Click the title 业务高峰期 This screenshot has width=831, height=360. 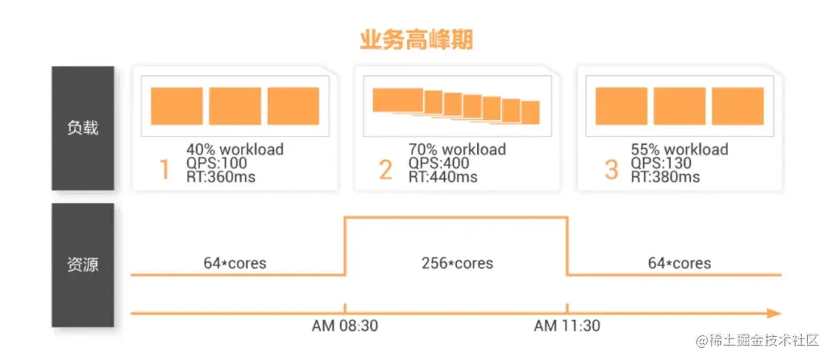click(415, 39)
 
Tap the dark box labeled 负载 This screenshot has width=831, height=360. click(83, 128)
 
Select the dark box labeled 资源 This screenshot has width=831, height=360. click(83, 265)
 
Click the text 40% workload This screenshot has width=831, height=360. click(235, 149)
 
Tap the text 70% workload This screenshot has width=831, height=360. click(457, 149)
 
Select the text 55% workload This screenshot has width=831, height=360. click(679, 149)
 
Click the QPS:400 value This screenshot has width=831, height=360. click(439, 163)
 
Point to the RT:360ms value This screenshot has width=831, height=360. click(221, 177)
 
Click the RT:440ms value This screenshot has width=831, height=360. click(443, 177)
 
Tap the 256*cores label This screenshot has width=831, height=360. click(458, 263)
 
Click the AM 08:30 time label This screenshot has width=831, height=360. click(344, 325)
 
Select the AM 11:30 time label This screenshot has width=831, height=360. click(567, 325)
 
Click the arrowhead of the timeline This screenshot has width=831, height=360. click(773, 313)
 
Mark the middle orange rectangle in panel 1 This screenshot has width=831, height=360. click(235, 106)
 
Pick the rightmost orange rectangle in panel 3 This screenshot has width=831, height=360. click(737, 106)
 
